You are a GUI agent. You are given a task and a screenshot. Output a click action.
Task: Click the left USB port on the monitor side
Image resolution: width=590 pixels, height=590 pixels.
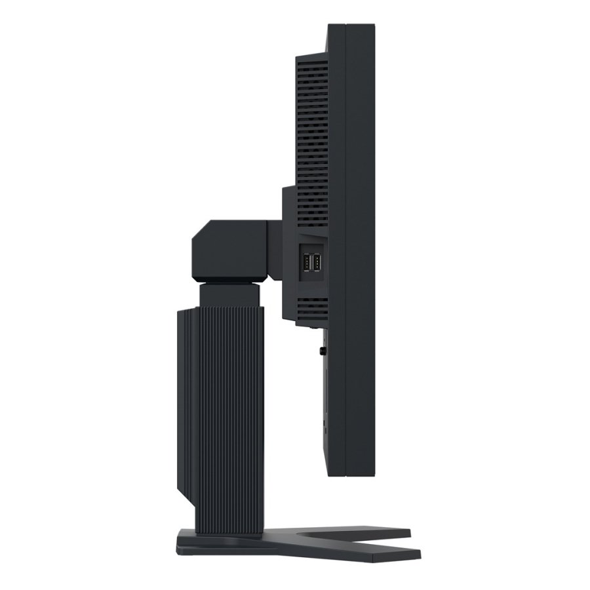(x=307, y=264)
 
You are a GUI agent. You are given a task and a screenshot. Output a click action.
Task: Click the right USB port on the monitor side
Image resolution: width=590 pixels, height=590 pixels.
(x=317, y=264)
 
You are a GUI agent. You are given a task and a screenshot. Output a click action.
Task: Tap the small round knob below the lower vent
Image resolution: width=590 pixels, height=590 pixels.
(x=323, y=351)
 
